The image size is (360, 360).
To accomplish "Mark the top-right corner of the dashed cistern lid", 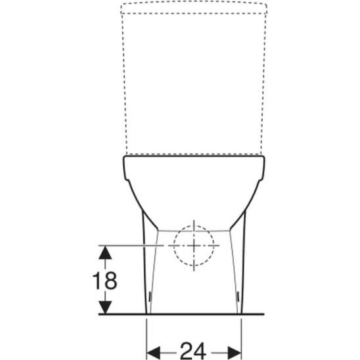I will click(266, 5).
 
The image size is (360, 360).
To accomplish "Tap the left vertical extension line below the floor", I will click(145, 335).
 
